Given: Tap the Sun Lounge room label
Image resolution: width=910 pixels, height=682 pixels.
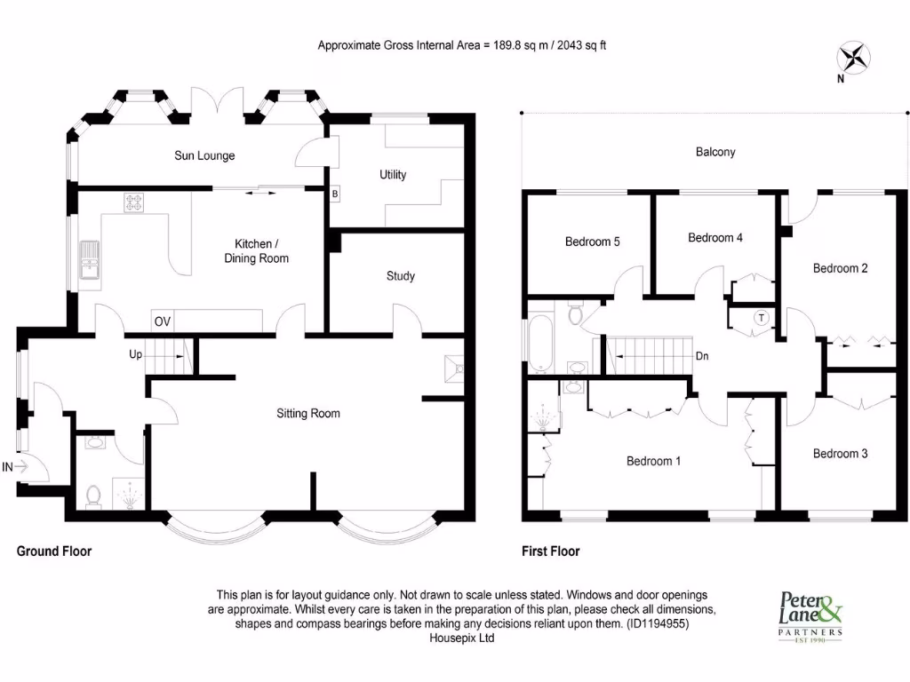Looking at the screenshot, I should pyautogui.click(x=204, y=156).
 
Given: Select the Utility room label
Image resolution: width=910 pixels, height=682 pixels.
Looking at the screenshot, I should pyautogui.click(x=393, y=175).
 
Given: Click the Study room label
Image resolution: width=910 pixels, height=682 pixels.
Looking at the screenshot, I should pyautogui.click(x=401, y=276).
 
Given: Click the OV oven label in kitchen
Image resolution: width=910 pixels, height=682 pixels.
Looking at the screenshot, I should pyautogui.click(x=162, y=321).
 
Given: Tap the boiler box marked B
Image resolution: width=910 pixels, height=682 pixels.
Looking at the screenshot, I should pyautogui.click(x=335, y=194).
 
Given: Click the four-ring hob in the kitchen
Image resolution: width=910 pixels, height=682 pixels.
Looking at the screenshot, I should pyautogui.click(x=134, y=203).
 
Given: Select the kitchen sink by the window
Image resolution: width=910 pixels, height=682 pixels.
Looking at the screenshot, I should pyautogui.click(x=90, y=259).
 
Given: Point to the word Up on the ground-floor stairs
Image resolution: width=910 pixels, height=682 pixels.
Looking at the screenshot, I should pyautogui.click(x=136, y=353).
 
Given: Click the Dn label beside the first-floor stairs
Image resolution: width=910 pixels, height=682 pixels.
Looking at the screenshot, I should pyautogui.click(x=702, y=356).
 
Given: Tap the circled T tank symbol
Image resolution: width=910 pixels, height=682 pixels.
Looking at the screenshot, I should pyautogui.click(x=762, y=317).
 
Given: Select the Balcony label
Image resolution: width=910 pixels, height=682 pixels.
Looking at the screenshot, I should pyautogui.click(x=715, y=152).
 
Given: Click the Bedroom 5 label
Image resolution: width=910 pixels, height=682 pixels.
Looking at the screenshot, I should pyautogui.click(x=593, y=242).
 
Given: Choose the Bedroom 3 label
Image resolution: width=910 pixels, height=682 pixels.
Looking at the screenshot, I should pyautogui.click(x=841, y=454).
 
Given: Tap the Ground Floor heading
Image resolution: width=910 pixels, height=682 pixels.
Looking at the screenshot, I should pyautogui.click(x=54, y=551).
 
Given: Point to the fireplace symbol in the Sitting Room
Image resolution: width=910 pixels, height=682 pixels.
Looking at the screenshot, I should pyautogui.click(x=453, y=368).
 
